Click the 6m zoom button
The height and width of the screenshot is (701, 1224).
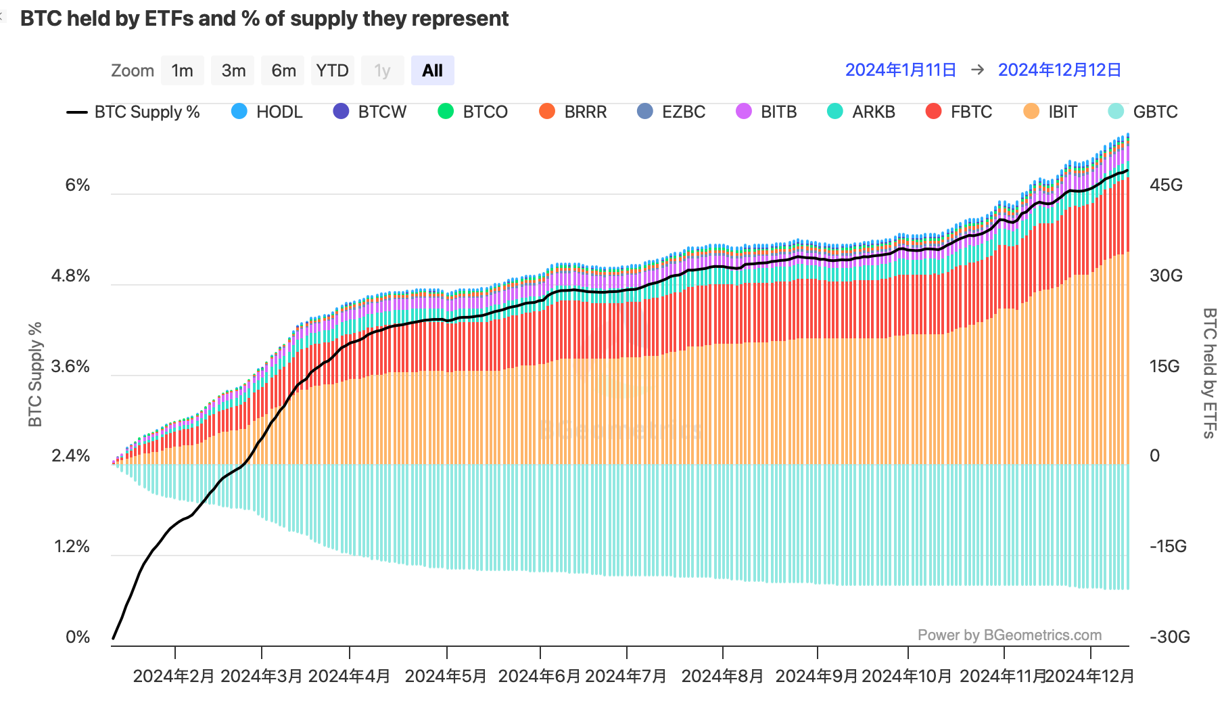pos(283,70)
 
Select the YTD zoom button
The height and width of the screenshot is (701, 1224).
pos(332,70)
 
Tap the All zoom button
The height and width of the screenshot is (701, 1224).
pos(432,70)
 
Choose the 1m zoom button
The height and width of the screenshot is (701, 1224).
pos(182,70)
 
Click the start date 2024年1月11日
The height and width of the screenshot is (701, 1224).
pos(900,70)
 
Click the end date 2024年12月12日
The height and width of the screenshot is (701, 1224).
pos(1059,70)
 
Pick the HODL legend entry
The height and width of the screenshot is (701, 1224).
pos(268,112)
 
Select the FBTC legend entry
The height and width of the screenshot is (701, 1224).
pos(960,112)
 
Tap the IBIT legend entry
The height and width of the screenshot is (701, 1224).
pos(1052,112)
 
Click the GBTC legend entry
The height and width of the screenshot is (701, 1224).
pos(1144,112)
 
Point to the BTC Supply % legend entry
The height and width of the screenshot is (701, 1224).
pos(134,112)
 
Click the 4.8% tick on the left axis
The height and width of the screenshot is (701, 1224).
pos(70,276)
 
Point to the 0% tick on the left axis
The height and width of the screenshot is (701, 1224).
pos(77,637)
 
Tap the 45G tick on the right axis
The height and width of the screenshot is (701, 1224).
pos(1166,185)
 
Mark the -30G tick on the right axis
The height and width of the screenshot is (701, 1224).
pos(1169,637)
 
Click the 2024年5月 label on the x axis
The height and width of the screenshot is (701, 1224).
pos(446,676)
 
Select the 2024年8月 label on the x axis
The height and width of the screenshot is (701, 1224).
pos(722,676)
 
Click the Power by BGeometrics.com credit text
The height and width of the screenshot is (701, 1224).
pos(1009,635)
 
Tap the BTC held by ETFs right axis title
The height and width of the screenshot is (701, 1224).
pos(1209,373)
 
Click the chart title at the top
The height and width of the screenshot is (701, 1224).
pos(264,18)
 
